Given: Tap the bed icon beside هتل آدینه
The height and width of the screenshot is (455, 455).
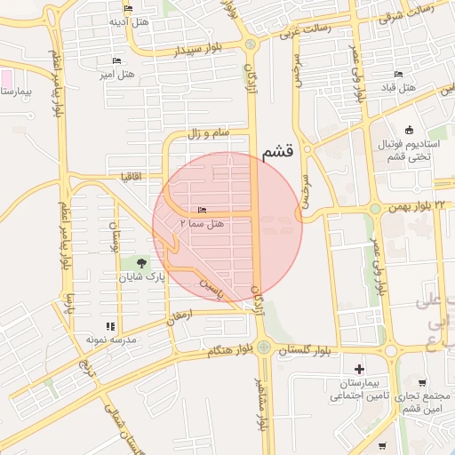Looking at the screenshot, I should click(x=129, y=9).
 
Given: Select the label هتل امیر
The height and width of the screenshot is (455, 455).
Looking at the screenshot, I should click(x=117, y=76).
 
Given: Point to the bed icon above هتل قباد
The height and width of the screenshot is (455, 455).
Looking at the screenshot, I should click(x=397, y=74).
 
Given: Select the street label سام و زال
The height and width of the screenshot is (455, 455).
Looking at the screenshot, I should click(x=207, y=132).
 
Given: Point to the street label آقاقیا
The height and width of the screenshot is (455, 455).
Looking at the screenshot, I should click(x=134, y=176).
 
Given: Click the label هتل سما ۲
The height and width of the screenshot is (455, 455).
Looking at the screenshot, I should click(x=204, y=226).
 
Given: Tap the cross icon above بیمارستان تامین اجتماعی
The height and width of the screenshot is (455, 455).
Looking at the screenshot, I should click(x=359, y=369).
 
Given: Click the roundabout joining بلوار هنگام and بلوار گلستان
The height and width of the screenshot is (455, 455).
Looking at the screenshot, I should click(x=264, y=348).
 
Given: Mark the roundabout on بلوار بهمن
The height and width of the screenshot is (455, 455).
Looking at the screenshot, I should click(x=375, y=209).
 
